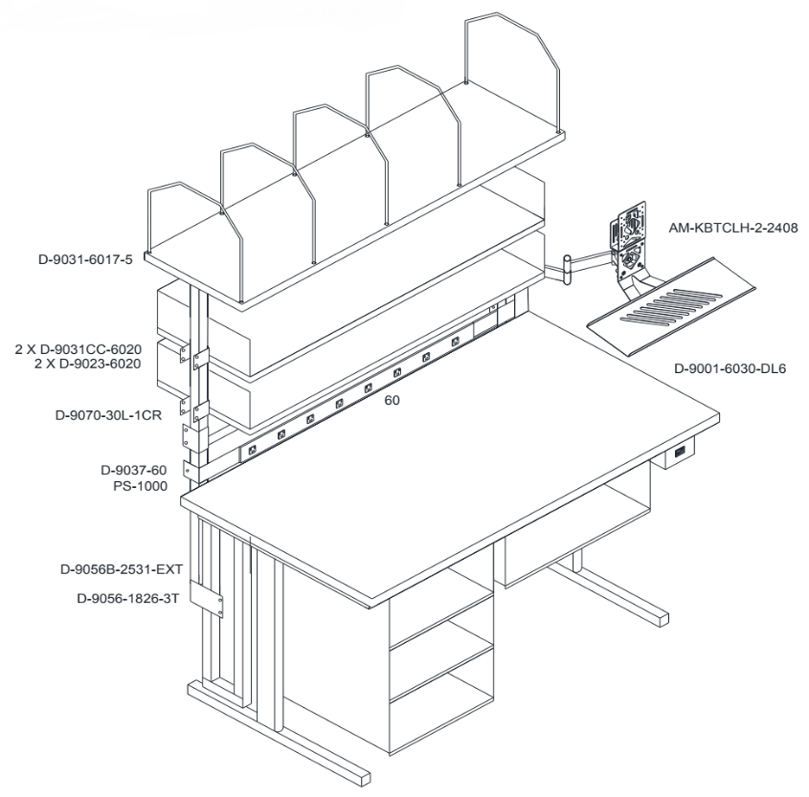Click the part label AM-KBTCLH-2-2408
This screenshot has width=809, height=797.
(733, 228)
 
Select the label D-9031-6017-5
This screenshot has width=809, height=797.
(85, 259)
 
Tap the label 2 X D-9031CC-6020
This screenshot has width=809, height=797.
(78, 349)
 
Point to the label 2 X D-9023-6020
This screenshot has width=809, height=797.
(87, 364)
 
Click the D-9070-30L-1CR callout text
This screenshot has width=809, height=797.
(108, 415)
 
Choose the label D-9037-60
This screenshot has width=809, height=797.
(134, 470)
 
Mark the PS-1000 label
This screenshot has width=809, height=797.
(141, 486)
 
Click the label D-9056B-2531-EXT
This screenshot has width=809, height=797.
(122, 569)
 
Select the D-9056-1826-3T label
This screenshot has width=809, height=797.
(128, 599)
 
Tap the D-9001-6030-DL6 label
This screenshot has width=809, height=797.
(730, 368)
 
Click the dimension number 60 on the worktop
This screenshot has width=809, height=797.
(393, 400)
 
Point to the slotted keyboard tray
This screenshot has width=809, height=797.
(672, 307)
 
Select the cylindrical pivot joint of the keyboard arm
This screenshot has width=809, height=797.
(567, 269)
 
